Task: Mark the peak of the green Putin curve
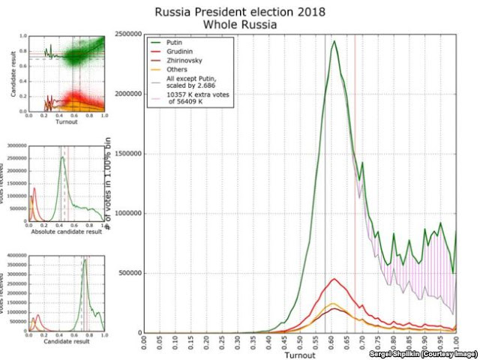334,40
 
